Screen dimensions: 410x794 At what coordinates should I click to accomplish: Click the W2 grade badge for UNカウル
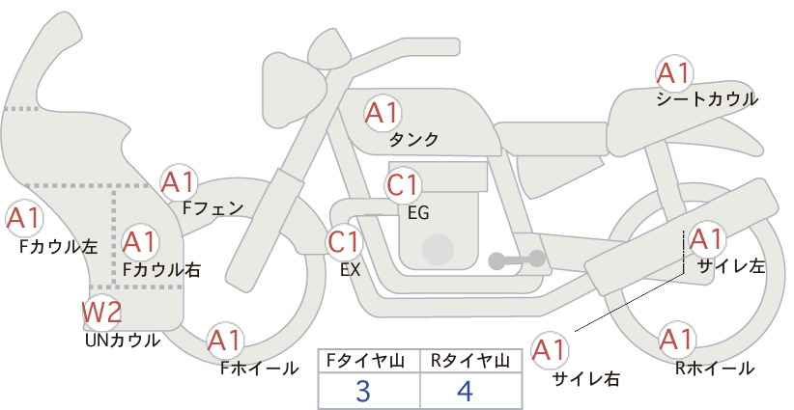point(101,313)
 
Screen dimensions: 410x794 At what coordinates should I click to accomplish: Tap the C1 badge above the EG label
point(403,185)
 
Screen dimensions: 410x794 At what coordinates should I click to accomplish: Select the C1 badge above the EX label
point(344,241)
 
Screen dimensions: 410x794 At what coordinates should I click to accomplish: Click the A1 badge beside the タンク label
point(382,113)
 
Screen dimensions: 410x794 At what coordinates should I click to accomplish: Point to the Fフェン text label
point(213,206)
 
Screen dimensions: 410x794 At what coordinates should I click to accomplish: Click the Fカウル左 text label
point(58,247)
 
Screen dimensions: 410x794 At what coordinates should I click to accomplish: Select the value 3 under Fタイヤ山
point(363,392)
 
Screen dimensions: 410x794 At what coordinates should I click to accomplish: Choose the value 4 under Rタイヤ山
point(467,392)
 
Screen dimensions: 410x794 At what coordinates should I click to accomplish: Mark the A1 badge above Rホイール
point(675,341)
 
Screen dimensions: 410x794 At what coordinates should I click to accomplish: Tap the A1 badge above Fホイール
point(226,340)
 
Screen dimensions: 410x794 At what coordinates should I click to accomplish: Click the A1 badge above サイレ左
point(706,239)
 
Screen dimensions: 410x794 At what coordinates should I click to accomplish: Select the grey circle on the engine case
point(440,248)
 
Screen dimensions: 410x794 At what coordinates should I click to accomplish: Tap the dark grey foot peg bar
point(517,260)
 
